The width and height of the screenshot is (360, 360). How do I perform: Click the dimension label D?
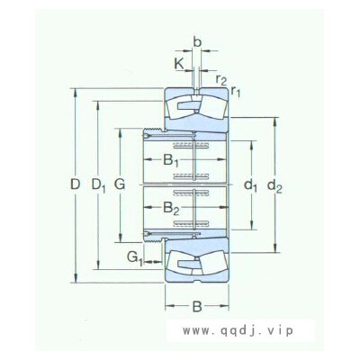pyautogui.click(x=76, y=184)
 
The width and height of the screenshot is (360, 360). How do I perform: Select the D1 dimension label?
pyautogui.click(x=98, y=185)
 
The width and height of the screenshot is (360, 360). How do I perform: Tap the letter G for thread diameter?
pyautogui.click(x=120, y=184)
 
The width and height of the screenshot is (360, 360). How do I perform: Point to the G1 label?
pyautogui.click(x=134, y=258)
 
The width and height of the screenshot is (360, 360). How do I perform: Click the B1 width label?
pyautogui.click(x=171, y=160)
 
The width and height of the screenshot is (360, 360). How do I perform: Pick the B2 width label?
pyautogui.click(x=171, y=208)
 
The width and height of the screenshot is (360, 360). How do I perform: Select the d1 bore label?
pyautogui.click(x=250, y=186)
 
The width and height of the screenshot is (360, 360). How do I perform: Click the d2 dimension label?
pyautogui.click(x=274, y=186)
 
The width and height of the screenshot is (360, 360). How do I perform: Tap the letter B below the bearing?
pyautogui.click(x=197, y=307)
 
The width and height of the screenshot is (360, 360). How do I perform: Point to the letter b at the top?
pyautogui.click(x=197, y=42)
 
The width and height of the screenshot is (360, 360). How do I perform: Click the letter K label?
pyautogui.click(x=179, y=64)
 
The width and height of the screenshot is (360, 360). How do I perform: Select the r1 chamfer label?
pyautogui.click(x=236, y=91)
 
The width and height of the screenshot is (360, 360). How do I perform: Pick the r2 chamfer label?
pyautogui.click(x=221, y=80)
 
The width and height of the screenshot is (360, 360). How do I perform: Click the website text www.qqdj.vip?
pyautogui.click(x=238, y=330)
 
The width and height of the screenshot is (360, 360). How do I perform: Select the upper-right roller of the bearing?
pyautogui.click(x=212, y=107)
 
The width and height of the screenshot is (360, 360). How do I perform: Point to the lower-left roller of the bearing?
pyautogui.click(x=181, y=264)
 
